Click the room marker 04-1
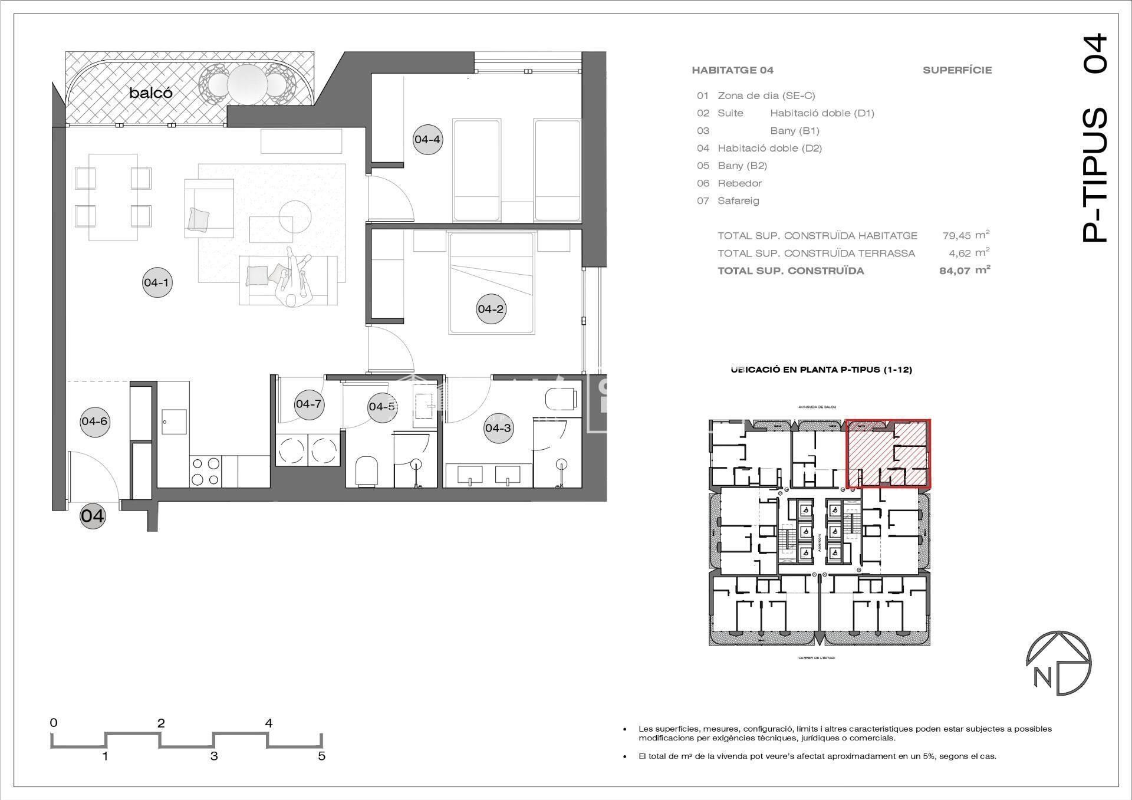click(x=157, y=282)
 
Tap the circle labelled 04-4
click(x=427, y=140)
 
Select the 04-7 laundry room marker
click(x=309, y=404)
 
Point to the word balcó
click(x=151, y=93)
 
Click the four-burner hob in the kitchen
click(x=206, y=472)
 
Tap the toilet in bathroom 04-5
click(x=366, y=472)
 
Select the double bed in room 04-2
click(x=492, y=283)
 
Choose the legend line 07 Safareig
click(x=729, y=201)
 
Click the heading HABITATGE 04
click(x=732, y=70)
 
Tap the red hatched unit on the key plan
click(x=889, y=453)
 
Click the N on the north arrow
click(x=1042, y=677)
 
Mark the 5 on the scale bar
click(x=321, y=756)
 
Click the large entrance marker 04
click(x=93, y=516)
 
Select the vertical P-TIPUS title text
click(x=1095, y=175)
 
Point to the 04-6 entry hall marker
click(x=94, y=421)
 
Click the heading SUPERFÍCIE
click(x=957, y=70)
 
